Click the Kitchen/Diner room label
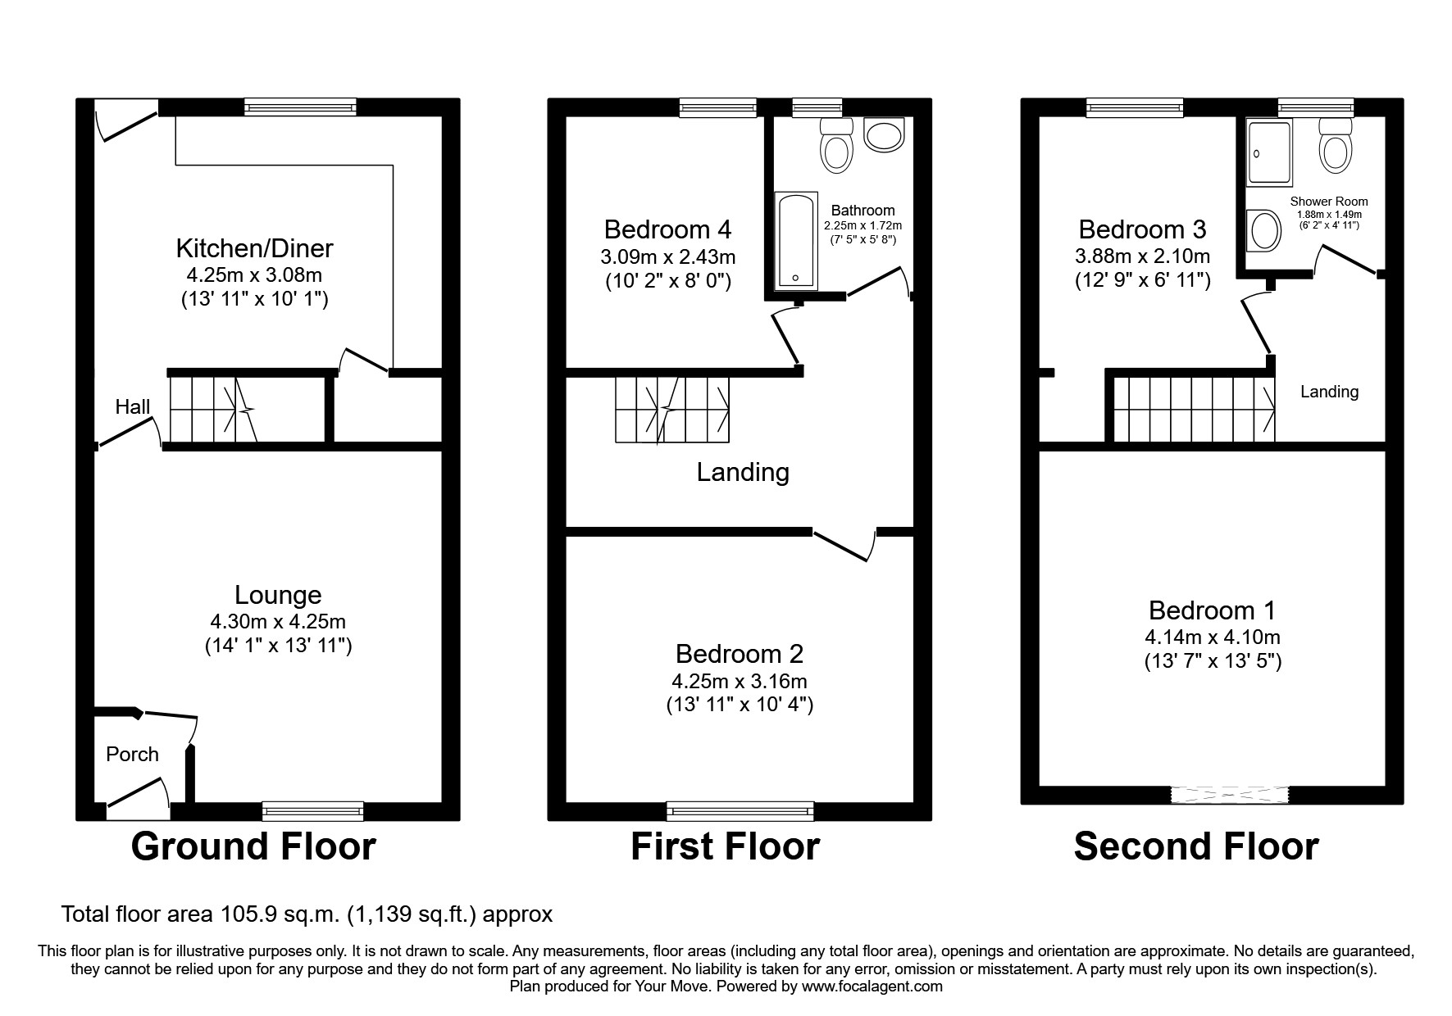tap(254, 248)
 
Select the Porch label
tap(132, 754)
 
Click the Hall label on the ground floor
tap(132, 406)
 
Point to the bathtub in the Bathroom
tap(795, 240)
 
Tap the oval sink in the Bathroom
tap(883, 135)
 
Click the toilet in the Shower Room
tap(1336, 147)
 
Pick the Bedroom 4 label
tap(667, 229)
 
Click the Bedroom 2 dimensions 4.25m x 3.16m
tap(739, 681)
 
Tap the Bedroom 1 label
tap(1212, 610)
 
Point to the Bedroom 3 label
tap(1142, 229)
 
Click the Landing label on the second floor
tap(1329, 392)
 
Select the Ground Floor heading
tap(253, 846)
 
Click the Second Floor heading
tap(1195, 846)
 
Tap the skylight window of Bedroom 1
tap(1230, 794)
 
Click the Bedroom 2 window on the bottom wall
tap(740, 810)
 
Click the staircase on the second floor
tap(1193, 408)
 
